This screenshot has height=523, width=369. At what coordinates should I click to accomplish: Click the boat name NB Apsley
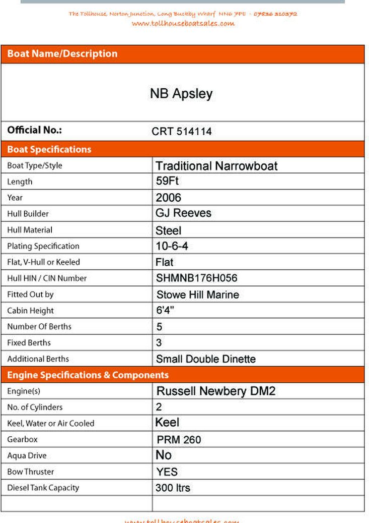coord(181,93)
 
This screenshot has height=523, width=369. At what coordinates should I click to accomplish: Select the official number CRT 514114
coord(181,132)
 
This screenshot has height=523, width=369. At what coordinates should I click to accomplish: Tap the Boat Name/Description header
coord(62,54)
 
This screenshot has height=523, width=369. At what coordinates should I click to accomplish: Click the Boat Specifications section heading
coord(49,149)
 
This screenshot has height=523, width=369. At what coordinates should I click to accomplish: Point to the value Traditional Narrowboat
coord(216,166)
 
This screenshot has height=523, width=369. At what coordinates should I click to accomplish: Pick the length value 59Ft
coord(167,181)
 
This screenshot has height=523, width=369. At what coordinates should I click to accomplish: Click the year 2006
coord(168,197)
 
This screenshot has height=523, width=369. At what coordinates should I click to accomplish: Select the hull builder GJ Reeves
coord(183,213)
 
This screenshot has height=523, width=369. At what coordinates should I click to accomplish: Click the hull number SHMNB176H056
coord(197,278)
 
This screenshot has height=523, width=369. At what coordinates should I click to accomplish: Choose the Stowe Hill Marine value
coord(197,295)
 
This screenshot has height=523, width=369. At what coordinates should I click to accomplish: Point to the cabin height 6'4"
coord(165,310)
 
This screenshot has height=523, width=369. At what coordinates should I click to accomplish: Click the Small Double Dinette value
coord(205,359)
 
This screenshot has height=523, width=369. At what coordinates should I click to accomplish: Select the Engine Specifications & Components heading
coord(88,375)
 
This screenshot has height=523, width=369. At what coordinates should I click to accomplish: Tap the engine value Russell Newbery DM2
coord(216,391)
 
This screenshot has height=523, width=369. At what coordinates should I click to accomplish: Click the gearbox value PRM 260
coord(179,440)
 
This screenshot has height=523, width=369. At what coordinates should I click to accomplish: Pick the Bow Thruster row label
coord(30,472)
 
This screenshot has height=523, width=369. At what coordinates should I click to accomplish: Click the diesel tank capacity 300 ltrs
coord(173,488)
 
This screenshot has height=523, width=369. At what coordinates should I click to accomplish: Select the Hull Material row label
coord(30,230)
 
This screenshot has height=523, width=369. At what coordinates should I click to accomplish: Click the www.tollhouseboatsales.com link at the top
coord(183,23)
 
